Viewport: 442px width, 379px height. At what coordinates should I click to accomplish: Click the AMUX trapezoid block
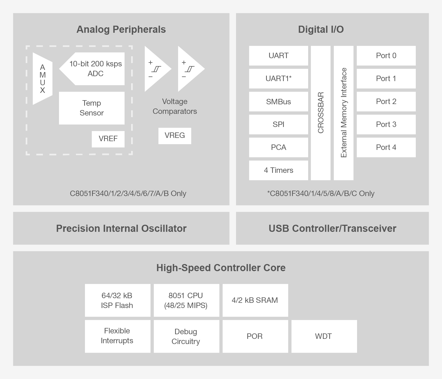[x=42, y=79]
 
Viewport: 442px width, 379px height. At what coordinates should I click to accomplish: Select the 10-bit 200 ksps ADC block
[x=94, y=69]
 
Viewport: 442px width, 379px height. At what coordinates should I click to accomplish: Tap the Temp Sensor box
[x=92, y=108]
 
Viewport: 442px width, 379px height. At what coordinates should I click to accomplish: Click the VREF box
[x=108, y=139]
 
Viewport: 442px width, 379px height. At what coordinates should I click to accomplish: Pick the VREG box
[x=175, y=135]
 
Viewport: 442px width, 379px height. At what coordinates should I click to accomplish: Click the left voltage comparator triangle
[x=156, y=69]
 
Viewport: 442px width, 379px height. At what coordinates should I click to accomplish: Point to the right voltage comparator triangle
[x=189, y=69]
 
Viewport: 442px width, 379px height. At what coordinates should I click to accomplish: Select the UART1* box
[x=278, y=79]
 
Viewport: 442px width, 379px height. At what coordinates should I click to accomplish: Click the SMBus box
[x=278, y=102]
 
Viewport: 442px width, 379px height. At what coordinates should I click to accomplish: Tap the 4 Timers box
[x=278, y=170]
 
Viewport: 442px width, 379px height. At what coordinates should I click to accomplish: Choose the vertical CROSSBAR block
[x=320, y=113]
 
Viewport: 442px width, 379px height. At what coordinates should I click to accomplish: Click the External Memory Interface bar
[x=343, y=113]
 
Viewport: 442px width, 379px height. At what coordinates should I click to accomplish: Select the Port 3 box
[x=386, y=125]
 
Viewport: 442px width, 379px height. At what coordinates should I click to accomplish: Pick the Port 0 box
[x=386, y=56]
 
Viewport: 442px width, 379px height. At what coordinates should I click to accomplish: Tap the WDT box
[x=324, y=336]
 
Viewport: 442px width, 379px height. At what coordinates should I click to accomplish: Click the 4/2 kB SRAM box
[x=255, y=300]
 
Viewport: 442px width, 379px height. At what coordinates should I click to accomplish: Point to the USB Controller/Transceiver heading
[x=332, y=228]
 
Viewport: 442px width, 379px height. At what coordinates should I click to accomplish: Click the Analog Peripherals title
[x=121, y=29]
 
